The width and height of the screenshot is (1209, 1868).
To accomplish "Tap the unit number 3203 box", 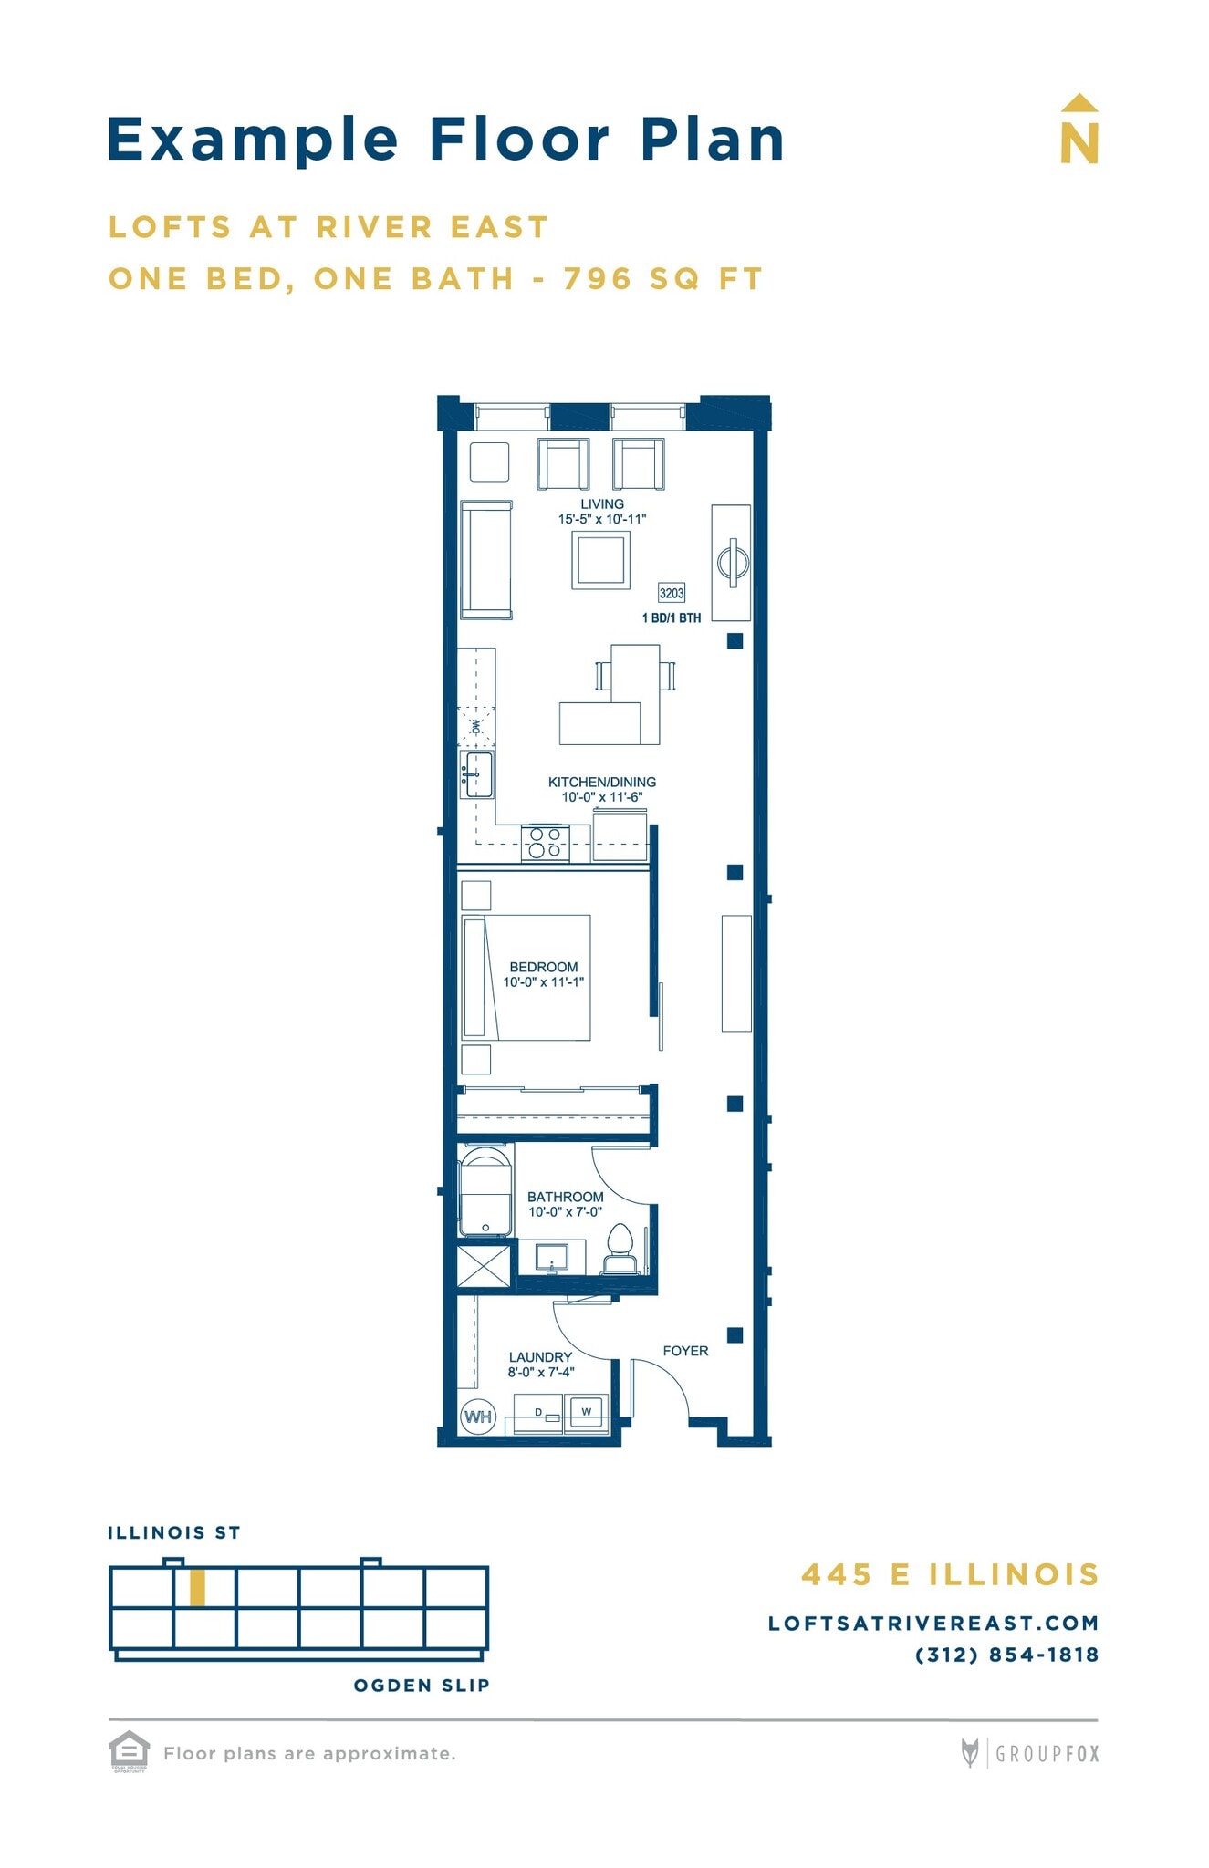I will (672, 593).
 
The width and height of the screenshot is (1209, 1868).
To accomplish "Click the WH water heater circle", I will (477, 1417).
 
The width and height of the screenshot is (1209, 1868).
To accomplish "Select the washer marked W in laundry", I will (586, 1412).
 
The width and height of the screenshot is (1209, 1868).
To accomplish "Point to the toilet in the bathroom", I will (620, 1248).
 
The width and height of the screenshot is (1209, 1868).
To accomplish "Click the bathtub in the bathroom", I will (485, 1193).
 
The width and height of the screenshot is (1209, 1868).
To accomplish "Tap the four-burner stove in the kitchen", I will (545, 843).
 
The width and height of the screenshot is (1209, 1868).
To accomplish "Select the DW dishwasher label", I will (475, 727).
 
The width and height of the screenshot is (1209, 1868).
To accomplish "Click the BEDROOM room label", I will (543, 967).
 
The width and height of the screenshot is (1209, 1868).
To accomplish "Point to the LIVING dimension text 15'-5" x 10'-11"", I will (602, 519).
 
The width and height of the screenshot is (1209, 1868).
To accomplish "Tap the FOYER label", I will (685, 1351).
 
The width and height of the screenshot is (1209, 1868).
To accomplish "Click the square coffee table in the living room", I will (601, 559).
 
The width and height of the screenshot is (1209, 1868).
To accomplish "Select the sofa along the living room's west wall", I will (485, 559).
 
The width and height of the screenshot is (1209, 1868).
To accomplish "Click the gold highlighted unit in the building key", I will (197, 1588).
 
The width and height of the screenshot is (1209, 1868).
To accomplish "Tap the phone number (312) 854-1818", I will (1006, 1655).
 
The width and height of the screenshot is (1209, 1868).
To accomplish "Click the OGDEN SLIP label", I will (422, 1686).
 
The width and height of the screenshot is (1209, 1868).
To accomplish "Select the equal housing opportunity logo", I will (129, 1750).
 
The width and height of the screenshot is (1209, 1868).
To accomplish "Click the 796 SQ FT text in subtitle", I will (662, 278).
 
